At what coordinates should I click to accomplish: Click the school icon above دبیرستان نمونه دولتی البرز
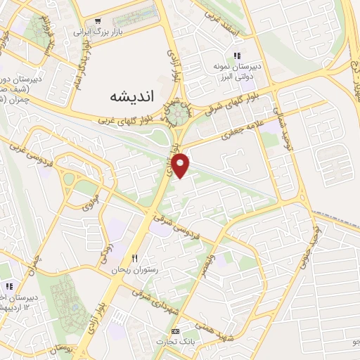(237, 55)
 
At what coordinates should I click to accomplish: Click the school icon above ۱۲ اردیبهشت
(10, 286)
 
